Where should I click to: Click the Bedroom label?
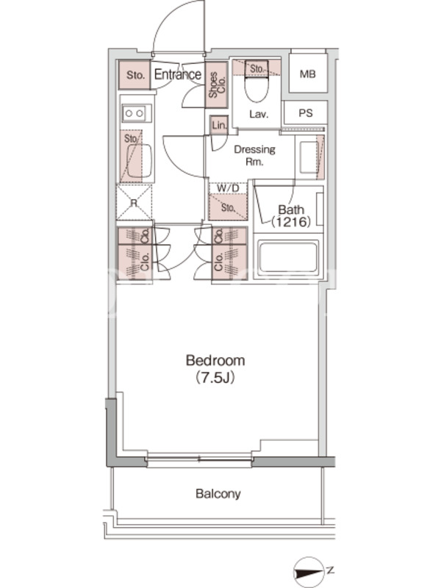(215, 360)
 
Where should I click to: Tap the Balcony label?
(218, 493)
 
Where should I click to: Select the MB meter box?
(307, 74)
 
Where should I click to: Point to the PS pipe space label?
(306, 113)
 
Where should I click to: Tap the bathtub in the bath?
(288, 257)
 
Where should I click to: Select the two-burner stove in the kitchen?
(135, 113)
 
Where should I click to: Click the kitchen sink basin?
(139, 161)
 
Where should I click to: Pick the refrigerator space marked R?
(135, 203)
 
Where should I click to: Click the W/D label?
(228, 188)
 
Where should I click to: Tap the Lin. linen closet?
(219, 125)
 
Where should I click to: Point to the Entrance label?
(178, 74)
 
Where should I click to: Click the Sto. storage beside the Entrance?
(135, 75)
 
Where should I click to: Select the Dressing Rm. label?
(254, 155)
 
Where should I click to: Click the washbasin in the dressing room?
(309, 157)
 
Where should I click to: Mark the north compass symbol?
(309, 573)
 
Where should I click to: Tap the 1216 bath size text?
(291, 222)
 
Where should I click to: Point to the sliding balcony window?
(199, 459)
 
